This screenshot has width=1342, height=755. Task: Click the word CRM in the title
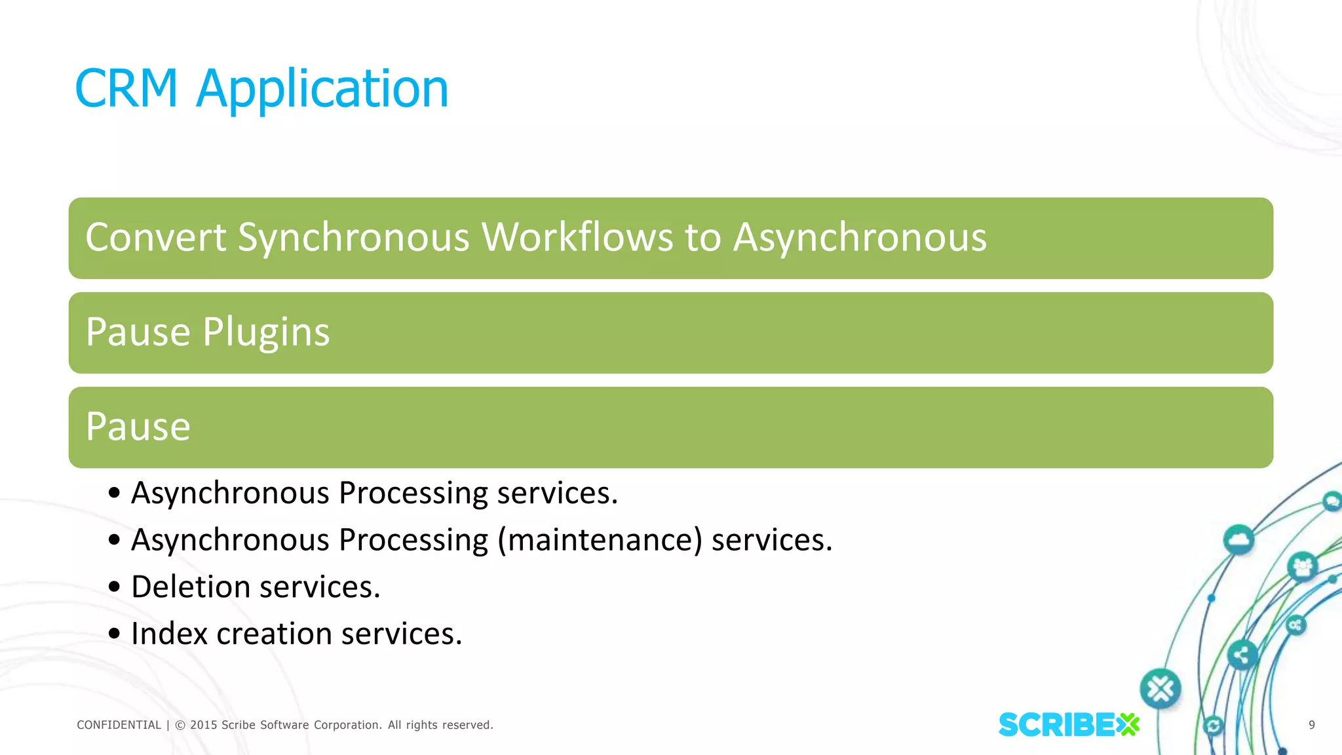[126, 88]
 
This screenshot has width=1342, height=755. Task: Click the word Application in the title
[322, 88]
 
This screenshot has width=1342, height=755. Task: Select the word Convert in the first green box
[155, 237]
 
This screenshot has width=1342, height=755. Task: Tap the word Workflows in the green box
[577, 237]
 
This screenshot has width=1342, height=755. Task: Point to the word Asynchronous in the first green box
[859, 237]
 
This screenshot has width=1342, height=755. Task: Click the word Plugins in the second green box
[266, 332]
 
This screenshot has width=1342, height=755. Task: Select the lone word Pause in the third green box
[138, 427]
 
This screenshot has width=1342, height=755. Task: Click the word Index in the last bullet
[168, 634]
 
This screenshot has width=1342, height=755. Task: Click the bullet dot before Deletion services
[115, 587]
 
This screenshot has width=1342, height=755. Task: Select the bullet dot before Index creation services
[115, 634]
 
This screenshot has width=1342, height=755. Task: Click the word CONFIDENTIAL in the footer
[119, 725]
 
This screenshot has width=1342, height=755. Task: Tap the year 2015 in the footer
[203, 725]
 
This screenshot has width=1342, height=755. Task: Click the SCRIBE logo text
[1056, 725]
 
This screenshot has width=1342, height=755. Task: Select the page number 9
[1311, 725]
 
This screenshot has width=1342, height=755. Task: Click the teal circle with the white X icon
[1160, 689]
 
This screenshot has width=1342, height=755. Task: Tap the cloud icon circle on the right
[1238, 540]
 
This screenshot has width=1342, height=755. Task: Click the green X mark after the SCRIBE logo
[1128, 725]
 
